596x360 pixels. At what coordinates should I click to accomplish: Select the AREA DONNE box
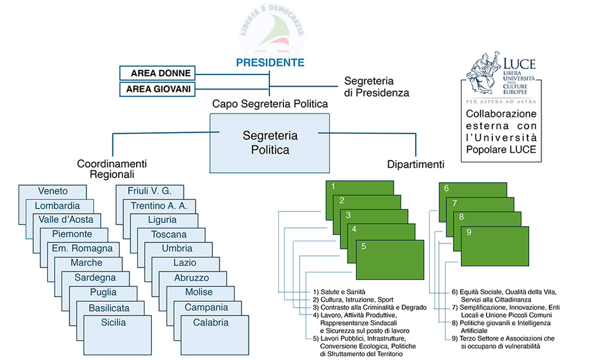click(x=155, y=73)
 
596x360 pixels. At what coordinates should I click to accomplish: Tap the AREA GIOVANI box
click(x=155, y=89)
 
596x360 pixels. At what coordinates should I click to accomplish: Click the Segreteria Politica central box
click(x=269, y=142)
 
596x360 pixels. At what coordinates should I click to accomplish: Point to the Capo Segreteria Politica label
click(x=270, y=104)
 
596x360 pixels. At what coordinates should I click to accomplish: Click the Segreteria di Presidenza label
click(x=377, y=87)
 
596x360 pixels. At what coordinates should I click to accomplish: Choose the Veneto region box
click(x=52, y=191)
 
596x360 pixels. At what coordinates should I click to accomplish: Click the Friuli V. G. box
click(x=150, y=191)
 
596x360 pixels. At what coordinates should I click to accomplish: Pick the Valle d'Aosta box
click(x=66, y=219)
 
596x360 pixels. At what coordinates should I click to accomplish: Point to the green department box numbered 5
click(x=389, y=256)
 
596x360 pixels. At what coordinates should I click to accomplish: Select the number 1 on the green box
click(x=333, y=187)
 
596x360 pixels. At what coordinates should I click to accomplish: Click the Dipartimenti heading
click(x=416, y=165)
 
